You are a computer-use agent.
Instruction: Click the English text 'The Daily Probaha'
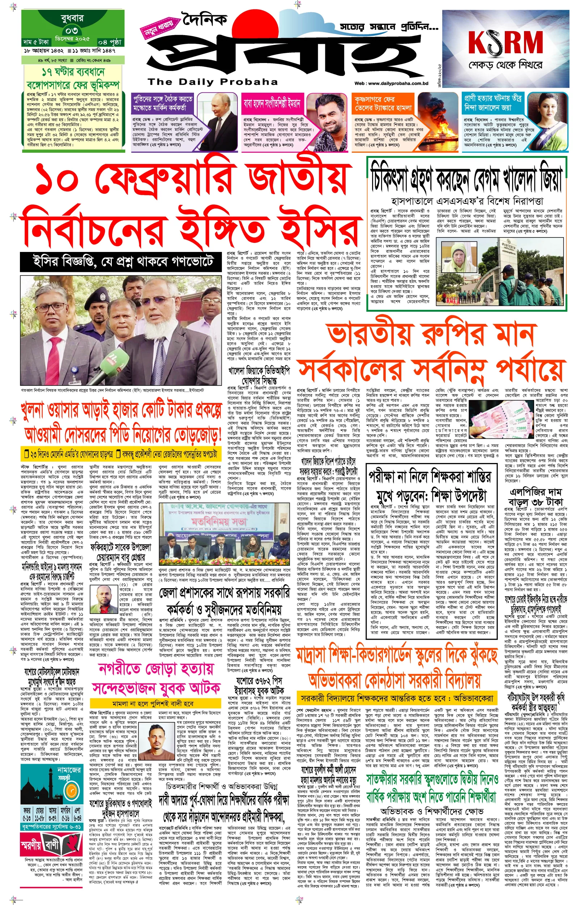pos(212,81)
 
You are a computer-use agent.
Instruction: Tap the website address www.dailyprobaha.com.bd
pos(392,84)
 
